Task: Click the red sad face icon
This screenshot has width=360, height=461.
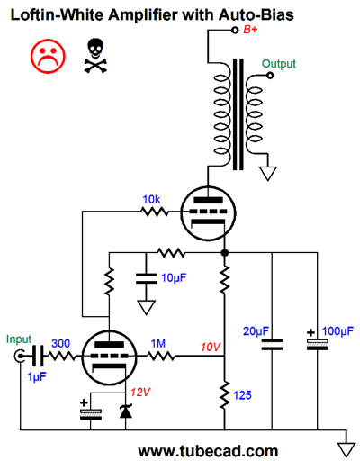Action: tap(48, 56)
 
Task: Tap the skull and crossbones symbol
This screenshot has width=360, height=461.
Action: tap(95, 56)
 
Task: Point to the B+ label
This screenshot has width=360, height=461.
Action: tap(250, 30)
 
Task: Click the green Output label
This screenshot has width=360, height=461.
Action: tap(279, 64)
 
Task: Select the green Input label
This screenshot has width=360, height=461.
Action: tap(19, 339)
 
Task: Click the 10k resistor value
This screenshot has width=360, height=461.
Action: tap(151, 199)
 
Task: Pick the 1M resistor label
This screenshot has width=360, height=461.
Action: tap(158, 343)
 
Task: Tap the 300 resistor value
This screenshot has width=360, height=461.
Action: tap(61, 343)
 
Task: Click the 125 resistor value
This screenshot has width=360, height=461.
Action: tap(242, 395)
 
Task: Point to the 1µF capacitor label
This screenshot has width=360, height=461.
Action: tap(37, 376)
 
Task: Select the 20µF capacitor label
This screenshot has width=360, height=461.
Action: tap(256, 331)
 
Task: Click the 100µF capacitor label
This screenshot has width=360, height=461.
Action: tap(337, 331)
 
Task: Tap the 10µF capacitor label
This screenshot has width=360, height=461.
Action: tap(174, 277)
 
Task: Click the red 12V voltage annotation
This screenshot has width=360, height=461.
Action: tap(140, 392)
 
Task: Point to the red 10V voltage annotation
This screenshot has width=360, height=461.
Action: tap(211, 347)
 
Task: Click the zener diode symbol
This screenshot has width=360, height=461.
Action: tap(126, 411)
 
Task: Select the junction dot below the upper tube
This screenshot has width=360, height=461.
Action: tap(225, 253)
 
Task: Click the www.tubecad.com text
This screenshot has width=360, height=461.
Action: tap(208, 451)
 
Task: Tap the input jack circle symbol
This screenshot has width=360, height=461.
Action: tap(19, 357)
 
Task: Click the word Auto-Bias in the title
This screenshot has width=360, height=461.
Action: tap(256, 14)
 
